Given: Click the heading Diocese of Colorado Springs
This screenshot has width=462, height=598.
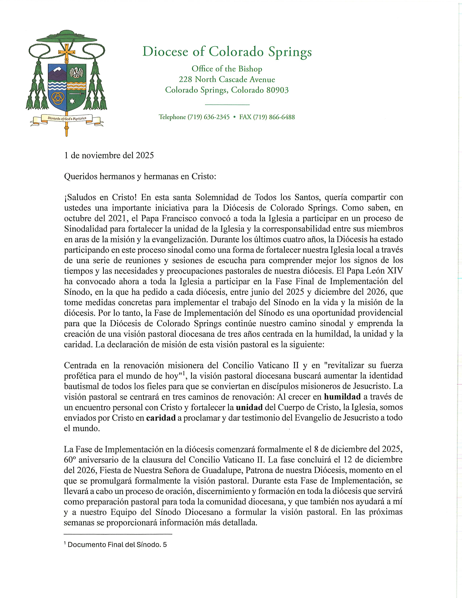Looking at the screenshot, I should pyautogui.click(x=227, y=52).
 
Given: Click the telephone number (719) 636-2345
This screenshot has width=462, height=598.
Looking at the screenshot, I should pyautogui.click(x=208, y=117).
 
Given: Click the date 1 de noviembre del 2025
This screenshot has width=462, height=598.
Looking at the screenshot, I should pyautogui.click(x=109, y=155).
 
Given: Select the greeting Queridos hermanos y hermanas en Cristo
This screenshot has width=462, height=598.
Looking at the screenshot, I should pyautogui.click(x=140, y=177).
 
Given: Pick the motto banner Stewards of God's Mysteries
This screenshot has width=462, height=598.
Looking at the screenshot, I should pyautogui.click(x=67, y=118).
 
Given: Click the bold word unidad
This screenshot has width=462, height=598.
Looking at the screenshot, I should pyautogui.click(x=249, y=407).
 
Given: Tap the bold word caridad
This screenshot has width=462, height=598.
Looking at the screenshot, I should pyautogui.click(x=161, y=418).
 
